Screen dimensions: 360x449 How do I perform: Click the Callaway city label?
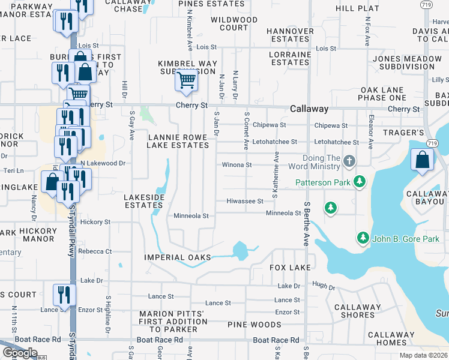coord(309,109)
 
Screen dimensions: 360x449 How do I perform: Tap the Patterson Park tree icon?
coord(360,181)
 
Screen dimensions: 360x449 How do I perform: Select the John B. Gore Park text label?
coord(405,239)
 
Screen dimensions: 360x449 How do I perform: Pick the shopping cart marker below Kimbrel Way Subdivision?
coord(187,80)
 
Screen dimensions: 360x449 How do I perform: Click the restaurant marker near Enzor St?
coord(62,295)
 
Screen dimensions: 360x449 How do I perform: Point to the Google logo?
coord(19,353)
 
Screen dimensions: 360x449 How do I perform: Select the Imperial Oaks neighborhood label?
coord(178,257)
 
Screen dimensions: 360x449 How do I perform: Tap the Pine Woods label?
coord(255,325)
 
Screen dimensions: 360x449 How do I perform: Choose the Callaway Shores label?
coord(358,311)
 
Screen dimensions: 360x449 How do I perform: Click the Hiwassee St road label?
coord(245,202)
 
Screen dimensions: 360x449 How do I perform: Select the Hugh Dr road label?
coord(323,288)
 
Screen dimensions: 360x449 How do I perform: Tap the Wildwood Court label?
coord(234,24)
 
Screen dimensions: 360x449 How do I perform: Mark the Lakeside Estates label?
coord(143,200)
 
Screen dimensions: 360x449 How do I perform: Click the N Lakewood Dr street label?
coord(103,163)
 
